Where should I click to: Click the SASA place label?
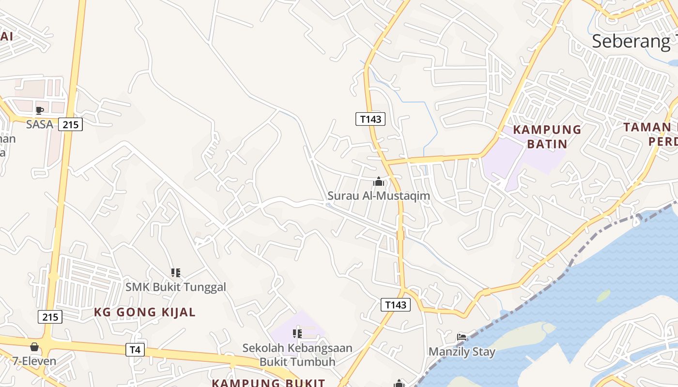tap(39, 124)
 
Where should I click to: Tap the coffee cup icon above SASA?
tap(40, 110)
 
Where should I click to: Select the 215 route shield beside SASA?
tap(71, 124)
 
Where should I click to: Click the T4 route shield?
tap(135, 350)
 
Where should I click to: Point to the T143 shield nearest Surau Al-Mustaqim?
tap(370, 119)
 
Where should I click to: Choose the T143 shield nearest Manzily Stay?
tap(395, 305)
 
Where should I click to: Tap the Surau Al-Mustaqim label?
tap(379, 196)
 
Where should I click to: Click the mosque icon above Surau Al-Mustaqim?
tap(379, 182)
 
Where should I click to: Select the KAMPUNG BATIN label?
tap(547, 136)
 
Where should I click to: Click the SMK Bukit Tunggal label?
tap(176, 287)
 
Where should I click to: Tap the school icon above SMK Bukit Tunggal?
tap(176, 273)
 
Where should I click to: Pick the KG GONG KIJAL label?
tap(145, 312)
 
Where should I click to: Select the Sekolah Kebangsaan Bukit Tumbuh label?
tap(297, 355)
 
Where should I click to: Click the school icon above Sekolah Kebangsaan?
tap(297, 333)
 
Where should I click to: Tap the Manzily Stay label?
tap(462, 352)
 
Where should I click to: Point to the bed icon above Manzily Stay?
tap(462, 337)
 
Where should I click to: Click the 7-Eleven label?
tap(34, 361)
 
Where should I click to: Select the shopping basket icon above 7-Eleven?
tap(34, 347)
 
